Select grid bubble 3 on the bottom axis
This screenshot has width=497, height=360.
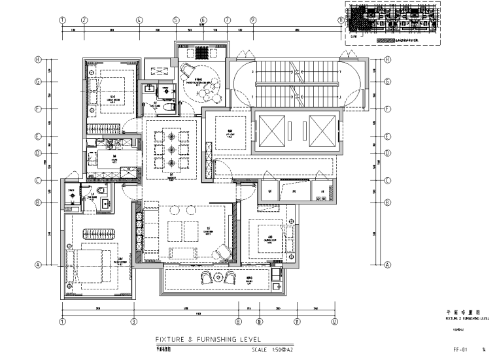(133, 321)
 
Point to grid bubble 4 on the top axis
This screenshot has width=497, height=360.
(139, 20)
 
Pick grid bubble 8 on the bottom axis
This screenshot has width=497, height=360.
(239, 321)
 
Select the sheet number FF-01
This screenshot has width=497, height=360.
(459, 349)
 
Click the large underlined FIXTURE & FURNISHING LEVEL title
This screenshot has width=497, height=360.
(208, 340)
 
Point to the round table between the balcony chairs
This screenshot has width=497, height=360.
(219, 278)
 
